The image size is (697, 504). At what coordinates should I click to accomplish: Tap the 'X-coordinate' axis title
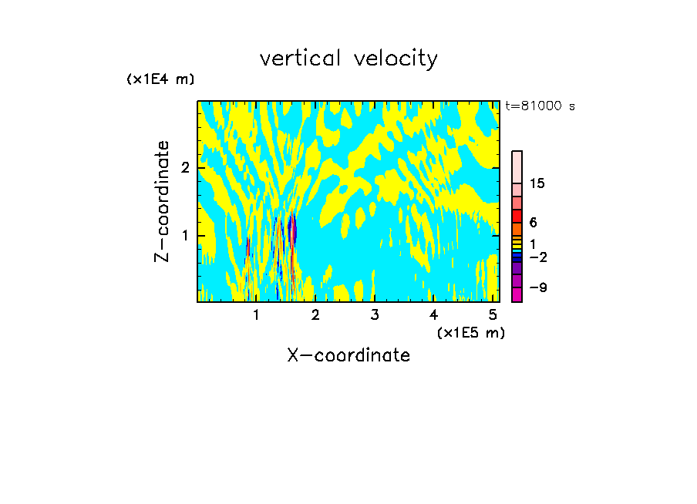tap(348, 355)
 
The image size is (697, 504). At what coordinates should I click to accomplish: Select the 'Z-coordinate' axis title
tap(162, 201)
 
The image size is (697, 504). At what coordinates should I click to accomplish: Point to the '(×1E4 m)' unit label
tap(160, 79)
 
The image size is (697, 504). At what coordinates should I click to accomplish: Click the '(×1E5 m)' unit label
tap(470, 332)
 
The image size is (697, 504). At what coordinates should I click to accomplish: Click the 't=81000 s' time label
tap(540, 106)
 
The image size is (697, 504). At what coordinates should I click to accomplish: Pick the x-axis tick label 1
tap(257, 314)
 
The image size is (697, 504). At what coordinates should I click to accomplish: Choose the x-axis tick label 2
tap(315, 314)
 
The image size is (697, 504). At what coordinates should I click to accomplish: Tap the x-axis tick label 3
tap(375, 314)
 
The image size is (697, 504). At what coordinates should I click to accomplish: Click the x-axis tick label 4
tap(433, 314)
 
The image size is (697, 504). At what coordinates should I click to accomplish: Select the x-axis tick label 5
tap(493, 314)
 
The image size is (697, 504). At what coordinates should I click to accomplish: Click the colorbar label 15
tap(537, 183)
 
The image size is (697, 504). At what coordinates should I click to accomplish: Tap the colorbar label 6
tap(534, 222)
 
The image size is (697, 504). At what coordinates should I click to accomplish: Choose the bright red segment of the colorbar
tap(517, 216)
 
